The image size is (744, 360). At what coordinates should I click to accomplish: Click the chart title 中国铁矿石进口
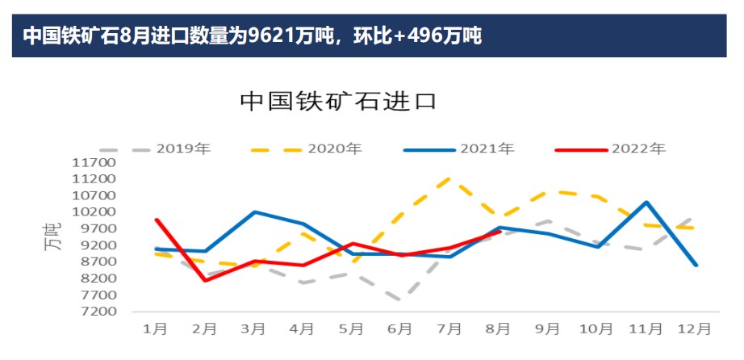pos(338,102)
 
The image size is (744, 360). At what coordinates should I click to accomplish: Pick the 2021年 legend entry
pos(487,149)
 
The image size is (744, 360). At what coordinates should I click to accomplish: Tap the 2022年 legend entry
pos(638,149)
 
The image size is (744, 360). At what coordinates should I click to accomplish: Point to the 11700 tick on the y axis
pos(94,162)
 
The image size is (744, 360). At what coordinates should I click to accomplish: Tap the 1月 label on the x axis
pos(155,329)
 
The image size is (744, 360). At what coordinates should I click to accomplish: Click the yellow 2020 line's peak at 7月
pos(449,178)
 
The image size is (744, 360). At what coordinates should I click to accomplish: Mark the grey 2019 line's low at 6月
pos(400,301)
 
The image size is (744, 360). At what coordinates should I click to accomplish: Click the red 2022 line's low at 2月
pos(205,280)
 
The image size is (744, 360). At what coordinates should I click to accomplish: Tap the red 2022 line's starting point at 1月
pos(156,220)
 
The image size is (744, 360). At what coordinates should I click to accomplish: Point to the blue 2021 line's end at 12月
pos(695,265)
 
